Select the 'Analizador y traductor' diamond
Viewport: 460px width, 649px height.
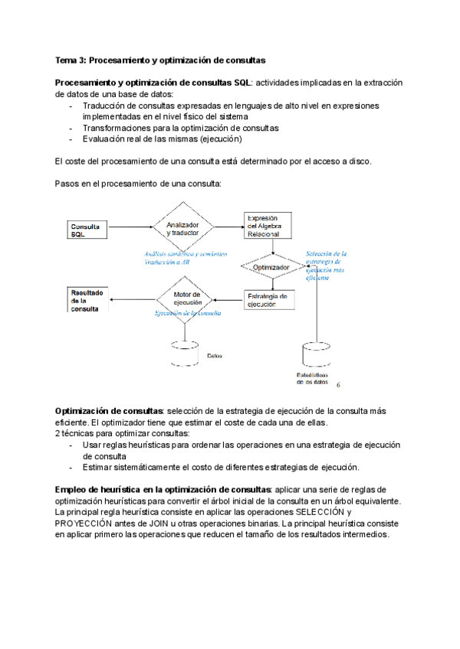tap(183, 228)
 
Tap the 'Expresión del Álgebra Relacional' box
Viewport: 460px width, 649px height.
tap(268, 227)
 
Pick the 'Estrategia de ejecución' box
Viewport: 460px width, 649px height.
tap(268, 300)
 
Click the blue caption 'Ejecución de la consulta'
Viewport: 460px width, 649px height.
tap(189, 314)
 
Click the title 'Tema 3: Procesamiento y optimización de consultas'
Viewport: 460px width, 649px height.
tap(159, 60)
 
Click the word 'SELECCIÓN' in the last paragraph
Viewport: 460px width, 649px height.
tap(319, 512)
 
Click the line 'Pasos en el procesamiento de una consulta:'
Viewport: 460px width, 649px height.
tap(138, 184)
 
